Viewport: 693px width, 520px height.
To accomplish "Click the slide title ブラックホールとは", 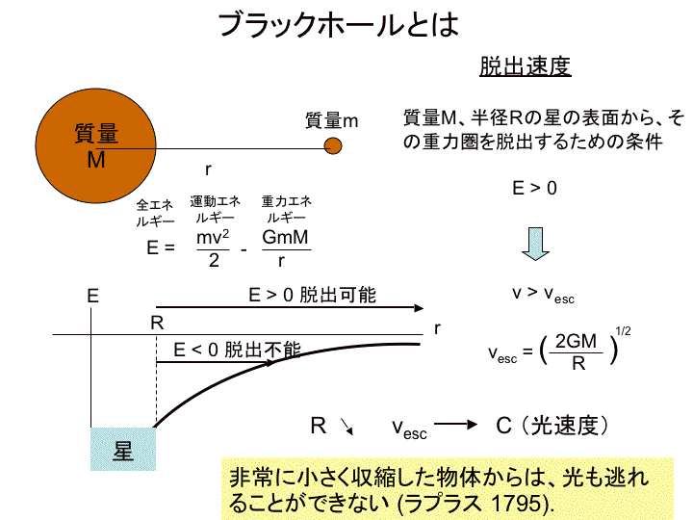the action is pos(339,24).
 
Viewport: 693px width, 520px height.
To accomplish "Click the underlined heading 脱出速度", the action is pos(526,66).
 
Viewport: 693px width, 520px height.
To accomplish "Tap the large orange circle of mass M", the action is pos(96,146).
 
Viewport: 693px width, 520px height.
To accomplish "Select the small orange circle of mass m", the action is pos(333,146).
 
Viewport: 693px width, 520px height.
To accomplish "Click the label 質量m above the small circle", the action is pos(331,120).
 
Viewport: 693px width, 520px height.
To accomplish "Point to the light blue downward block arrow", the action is pos(535,244).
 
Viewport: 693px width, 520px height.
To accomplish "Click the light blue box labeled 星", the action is pos(123,449).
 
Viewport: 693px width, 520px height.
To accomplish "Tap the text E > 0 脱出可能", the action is pos(312,295).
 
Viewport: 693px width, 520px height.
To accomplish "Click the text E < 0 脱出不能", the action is pos(237,350).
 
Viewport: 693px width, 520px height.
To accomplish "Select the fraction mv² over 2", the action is pos(213,249).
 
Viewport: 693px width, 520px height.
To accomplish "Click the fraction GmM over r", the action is pos(286,248).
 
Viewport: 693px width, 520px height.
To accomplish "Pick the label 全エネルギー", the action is pos(155,213).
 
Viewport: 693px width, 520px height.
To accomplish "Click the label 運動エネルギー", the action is pos(216,210).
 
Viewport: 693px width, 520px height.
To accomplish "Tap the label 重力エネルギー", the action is pos(287,210).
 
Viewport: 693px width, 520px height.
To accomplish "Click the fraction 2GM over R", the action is pos(577,352).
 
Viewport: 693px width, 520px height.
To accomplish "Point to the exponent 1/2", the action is pos(623,330).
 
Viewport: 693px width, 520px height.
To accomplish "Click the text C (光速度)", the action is pos(552,426).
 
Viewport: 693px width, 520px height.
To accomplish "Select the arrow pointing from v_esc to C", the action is pos(455,425).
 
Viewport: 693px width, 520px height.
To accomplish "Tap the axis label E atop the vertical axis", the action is pos(92,296).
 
